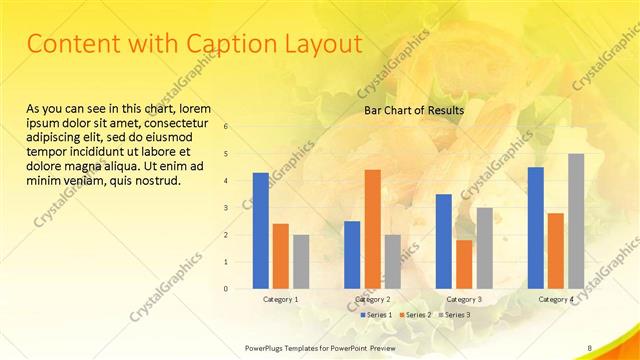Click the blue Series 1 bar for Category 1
point(260,230)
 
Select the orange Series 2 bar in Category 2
point(372,228)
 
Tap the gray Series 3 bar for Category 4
point(576,220)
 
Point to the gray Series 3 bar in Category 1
point(301,261)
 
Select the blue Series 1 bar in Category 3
point(443,241)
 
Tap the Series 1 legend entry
point(376,315)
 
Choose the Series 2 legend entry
point(417,315)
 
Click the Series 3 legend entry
point(458,315)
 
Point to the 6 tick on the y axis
point(227,127)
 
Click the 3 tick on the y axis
point(227,208)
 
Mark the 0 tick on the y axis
point(227,289)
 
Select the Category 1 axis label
point(280,299)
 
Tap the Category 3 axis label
point(463,299)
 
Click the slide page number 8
point(590,347)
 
